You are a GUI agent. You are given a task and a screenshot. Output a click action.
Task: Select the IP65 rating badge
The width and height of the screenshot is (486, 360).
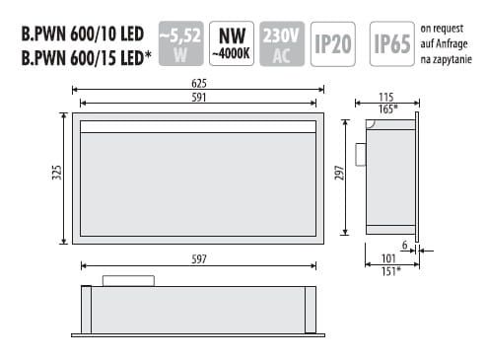(391, 43)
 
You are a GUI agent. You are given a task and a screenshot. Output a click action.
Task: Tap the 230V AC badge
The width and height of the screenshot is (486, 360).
(280, 43)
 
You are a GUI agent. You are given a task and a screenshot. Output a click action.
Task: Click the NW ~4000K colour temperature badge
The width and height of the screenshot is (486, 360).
(232, 43)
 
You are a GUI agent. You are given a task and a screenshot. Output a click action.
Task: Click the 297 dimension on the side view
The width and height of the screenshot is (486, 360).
(339, 176)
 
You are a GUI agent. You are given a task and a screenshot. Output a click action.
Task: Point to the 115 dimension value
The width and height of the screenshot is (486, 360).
(386, 96)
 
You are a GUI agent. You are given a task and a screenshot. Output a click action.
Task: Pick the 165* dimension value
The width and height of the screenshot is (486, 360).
(388, 108)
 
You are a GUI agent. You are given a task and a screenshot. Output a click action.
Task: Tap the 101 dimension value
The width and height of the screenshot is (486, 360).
(387, 259)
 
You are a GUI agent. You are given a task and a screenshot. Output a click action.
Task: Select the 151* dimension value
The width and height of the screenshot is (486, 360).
(389, 271)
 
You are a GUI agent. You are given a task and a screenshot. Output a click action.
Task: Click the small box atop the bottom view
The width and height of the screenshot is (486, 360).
(128, 280)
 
